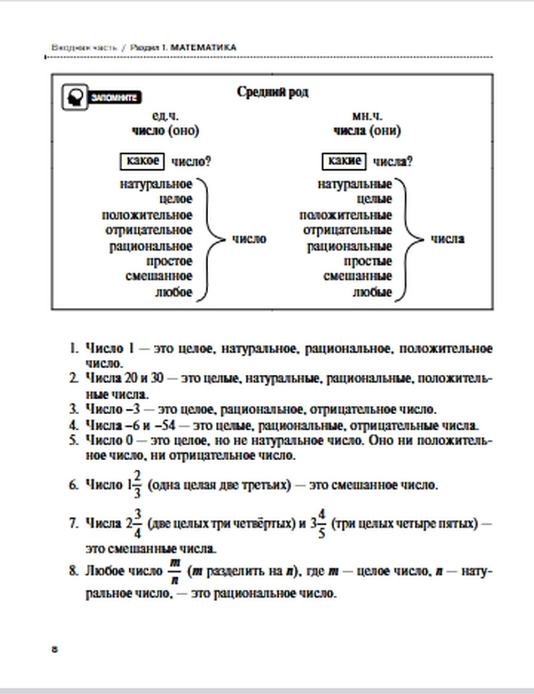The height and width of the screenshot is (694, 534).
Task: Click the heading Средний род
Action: point(272,92)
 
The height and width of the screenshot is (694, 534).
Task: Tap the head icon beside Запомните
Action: point(74,97)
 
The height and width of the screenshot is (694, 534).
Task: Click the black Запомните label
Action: point(114,98)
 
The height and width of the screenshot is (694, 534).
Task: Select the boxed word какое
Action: point(143,161)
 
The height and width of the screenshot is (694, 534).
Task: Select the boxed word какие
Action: point(344,161)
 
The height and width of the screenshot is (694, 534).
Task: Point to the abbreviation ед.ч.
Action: point(166,116)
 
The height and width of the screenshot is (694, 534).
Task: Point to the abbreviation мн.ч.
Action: point(367,116)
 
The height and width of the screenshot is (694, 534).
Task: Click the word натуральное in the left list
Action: point(155,184)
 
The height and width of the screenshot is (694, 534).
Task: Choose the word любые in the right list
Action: point(372,292)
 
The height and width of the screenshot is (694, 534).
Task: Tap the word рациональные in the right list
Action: point(349,246)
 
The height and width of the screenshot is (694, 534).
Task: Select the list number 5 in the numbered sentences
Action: point(74,440)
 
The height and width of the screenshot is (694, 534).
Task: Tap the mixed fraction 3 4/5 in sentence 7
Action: point(318,523)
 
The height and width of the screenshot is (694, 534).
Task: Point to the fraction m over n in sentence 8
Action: point(175,571)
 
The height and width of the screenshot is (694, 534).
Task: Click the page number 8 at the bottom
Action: point(54,649)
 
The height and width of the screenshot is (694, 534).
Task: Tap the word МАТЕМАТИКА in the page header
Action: point(203,48)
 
